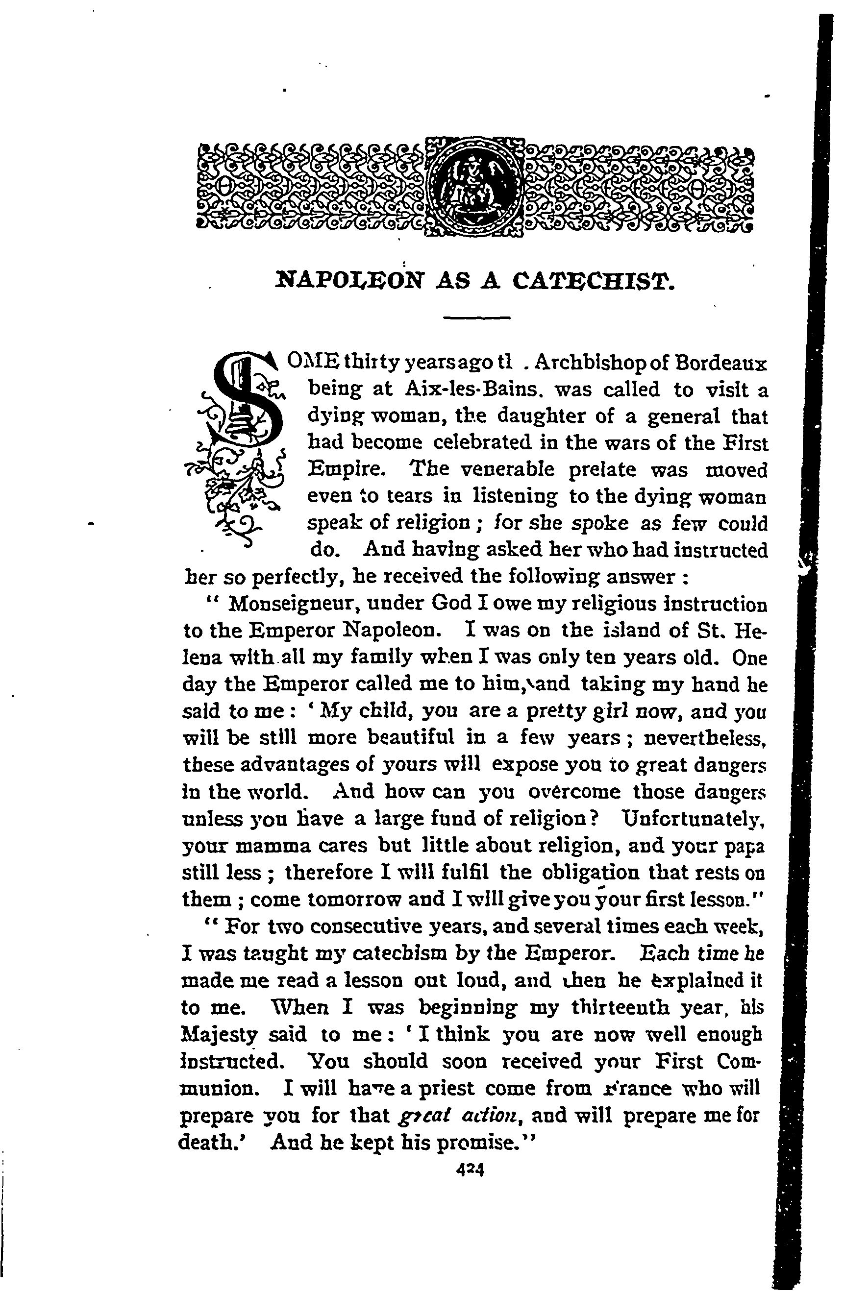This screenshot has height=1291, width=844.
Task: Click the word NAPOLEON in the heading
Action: click(350, 282)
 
